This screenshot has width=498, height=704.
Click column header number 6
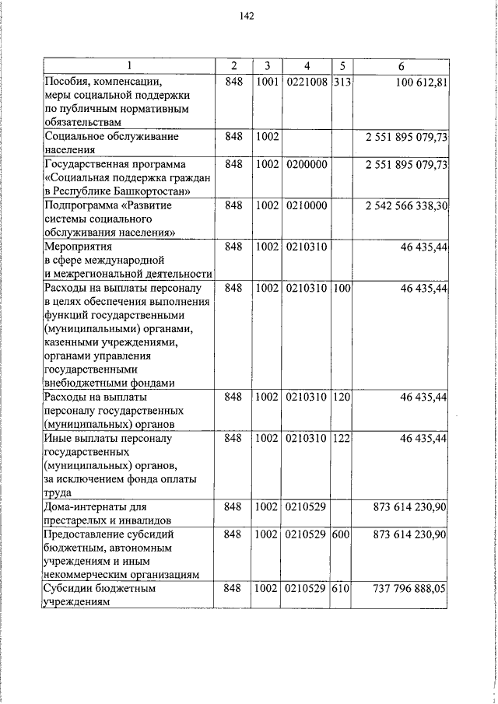click(402, 65)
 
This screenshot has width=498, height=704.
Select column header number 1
click(129, 65)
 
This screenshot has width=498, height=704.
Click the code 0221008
click(305, 81)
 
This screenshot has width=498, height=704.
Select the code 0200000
click(305, 164)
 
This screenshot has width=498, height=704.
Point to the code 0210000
click(305, 205)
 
